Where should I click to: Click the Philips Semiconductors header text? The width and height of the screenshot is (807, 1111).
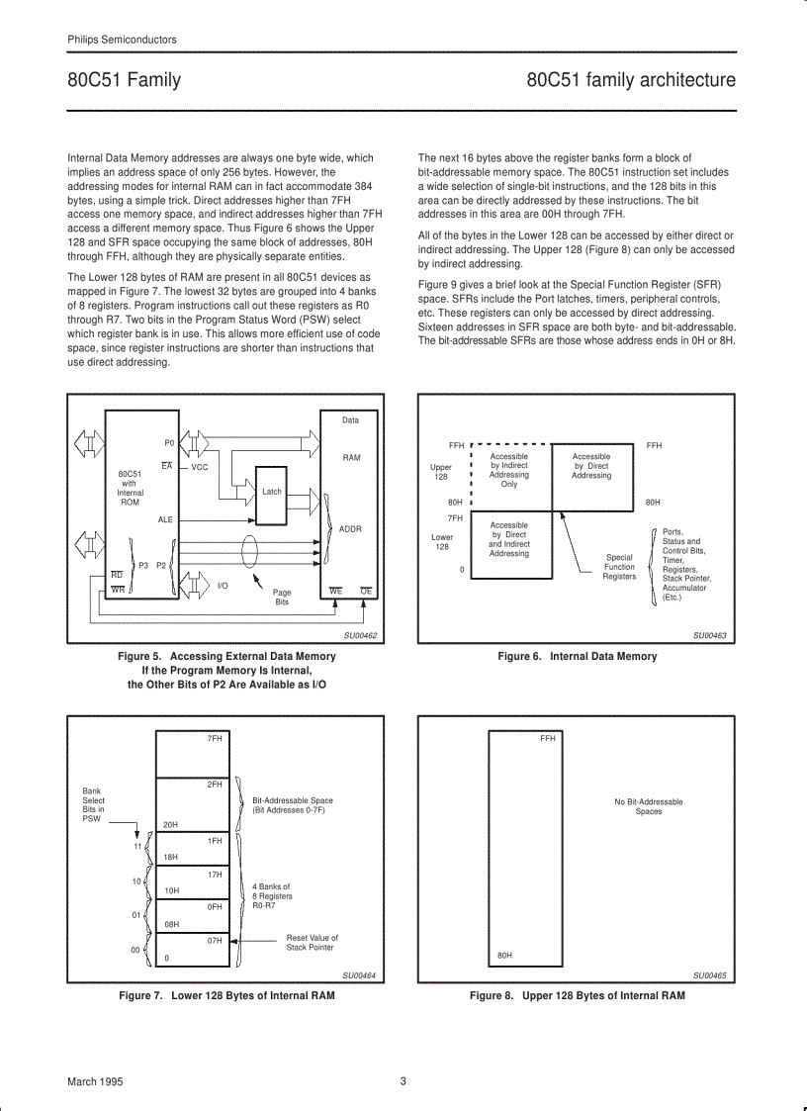(122, 40)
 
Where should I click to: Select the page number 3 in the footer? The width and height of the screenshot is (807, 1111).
(403, 1081)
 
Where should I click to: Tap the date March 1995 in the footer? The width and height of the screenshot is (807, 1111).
(95, 1081)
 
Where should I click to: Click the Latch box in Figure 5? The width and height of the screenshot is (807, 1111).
(271, 491)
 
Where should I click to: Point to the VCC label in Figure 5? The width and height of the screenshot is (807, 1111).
(200, 467)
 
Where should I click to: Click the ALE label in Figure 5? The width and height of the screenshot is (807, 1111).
(165, 519)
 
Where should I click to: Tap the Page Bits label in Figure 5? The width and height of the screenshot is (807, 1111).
(282, 597)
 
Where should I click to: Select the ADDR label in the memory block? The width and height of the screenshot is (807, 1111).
(350, 529)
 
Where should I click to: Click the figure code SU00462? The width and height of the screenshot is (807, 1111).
(360, 636)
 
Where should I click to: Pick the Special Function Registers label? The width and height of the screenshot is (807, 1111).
(619, 567)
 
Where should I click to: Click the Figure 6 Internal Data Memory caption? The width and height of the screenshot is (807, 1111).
(577, 656)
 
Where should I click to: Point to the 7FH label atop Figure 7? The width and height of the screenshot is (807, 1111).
(215, 738)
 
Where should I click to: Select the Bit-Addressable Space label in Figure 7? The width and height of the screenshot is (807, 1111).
(292, 805)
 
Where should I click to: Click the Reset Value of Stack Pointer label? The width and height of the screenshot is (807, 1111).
(312, 942)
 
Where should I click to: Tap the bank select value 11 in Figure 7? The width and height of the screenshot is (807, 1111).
(137, 846)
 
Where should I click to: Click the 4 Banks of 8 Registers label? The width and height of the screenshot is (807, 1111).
(272, 895)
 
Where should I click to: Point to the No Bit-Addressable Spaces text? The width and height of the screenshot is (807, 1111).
(648, 806)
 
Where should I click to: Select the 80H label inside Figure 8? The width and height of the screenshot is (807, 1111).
(504, 956)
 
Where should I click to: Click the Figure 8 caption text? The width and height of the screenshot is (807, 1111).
(577, 995)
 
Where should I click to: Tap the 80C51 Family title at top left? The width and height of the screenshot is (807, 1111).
(124, 80)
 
